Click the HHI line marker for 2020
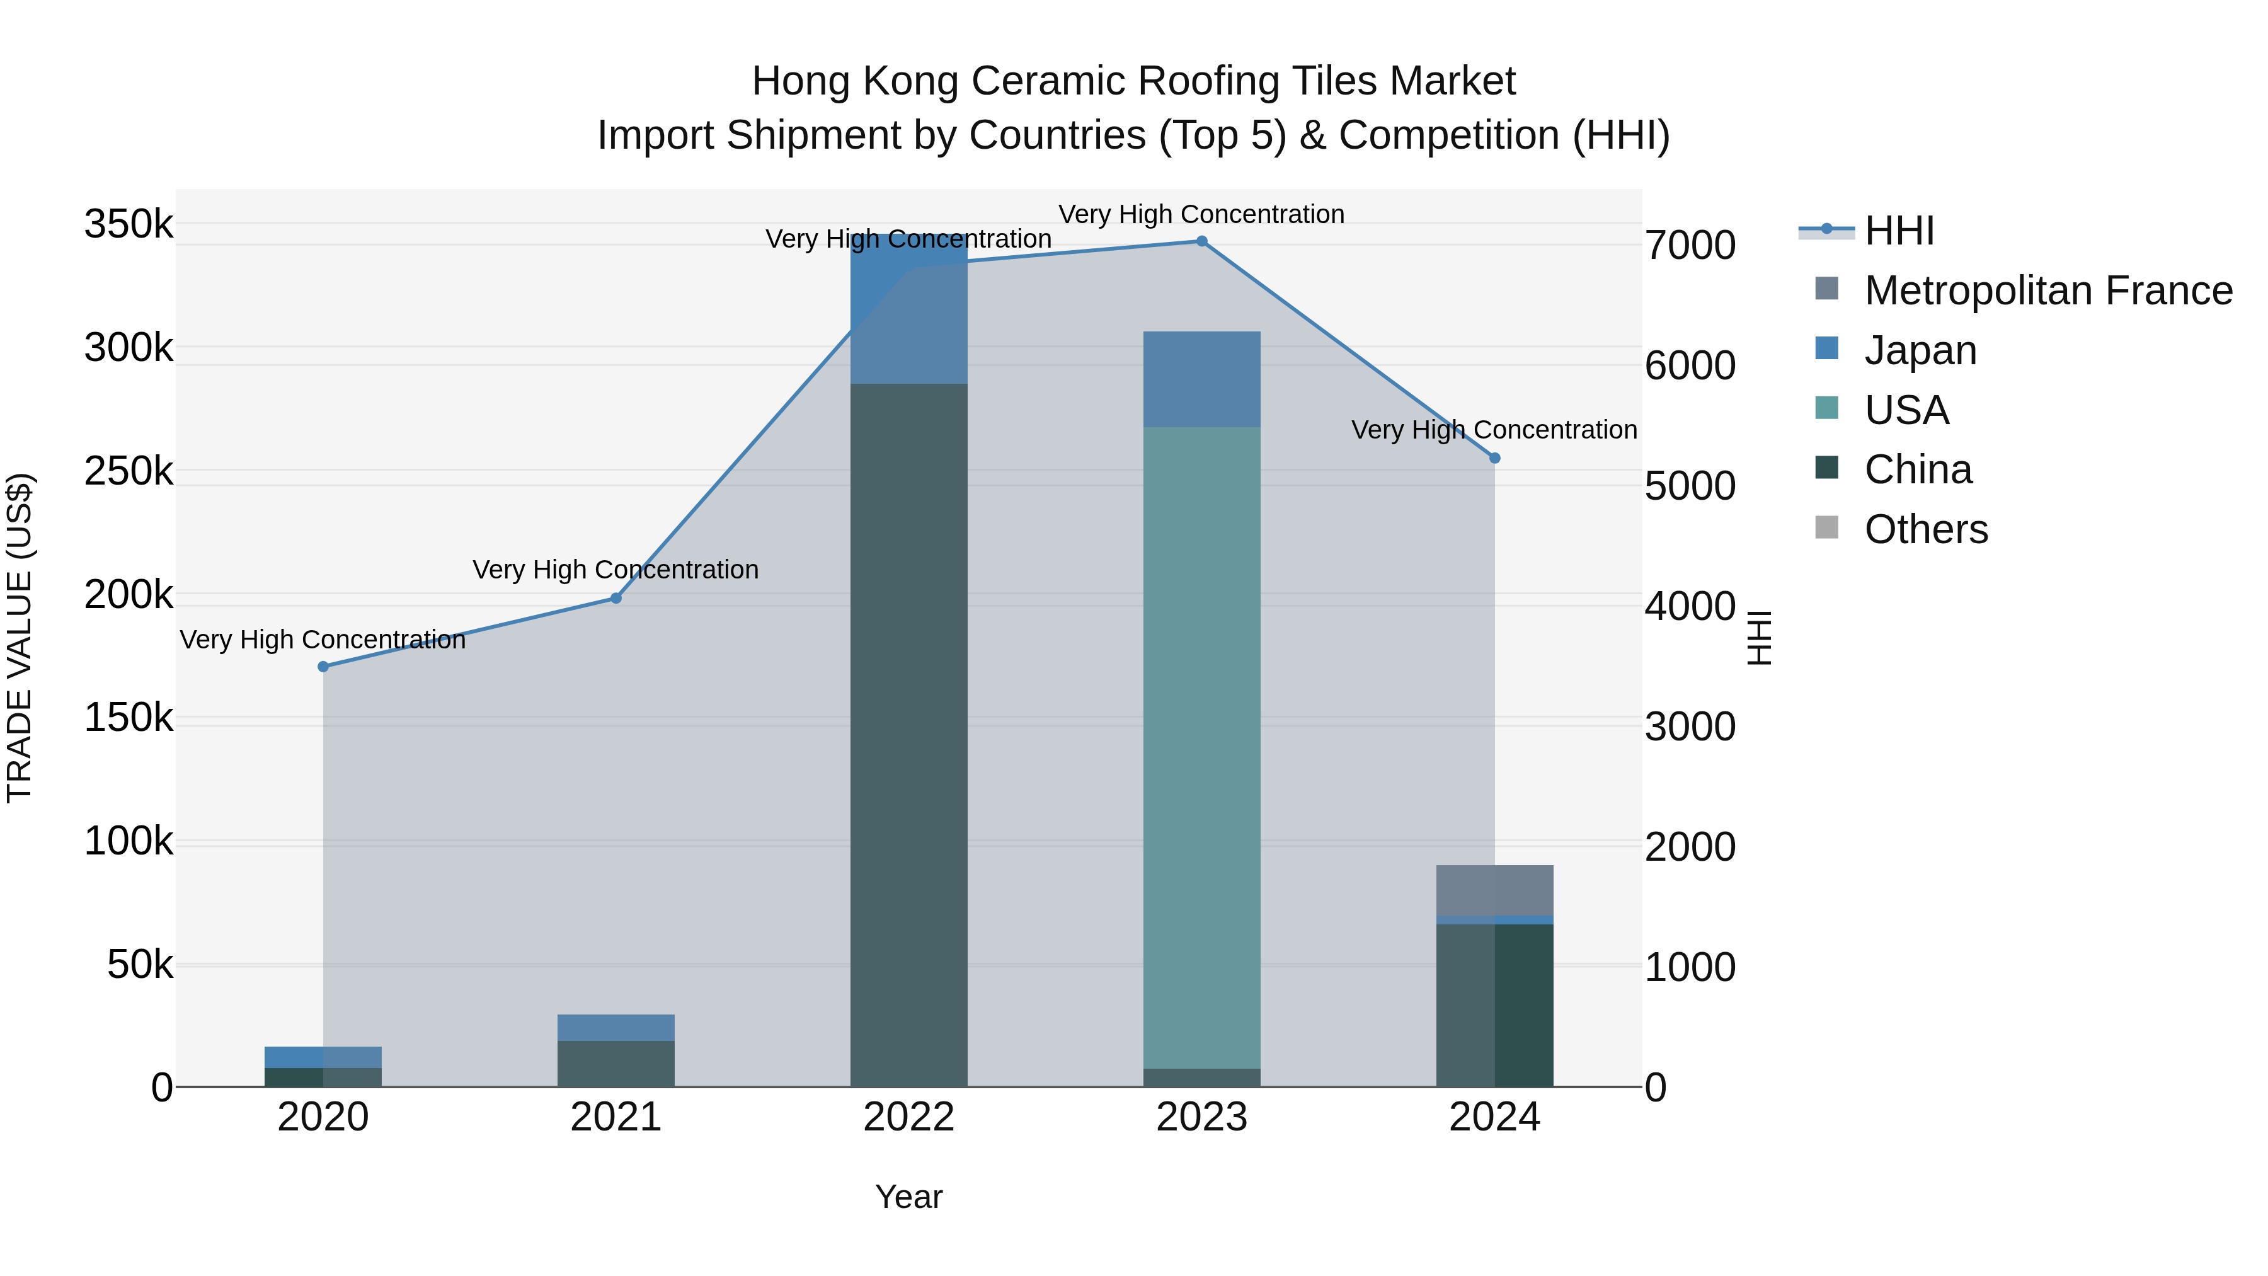(323, 667)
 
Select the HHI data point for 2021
(616, 598)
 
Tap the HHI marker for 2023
(1202, 241)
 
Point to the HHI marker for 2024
(1494, 458)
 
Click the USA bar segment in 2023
(1202, 749)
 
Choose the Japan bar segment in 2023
(1202, 379)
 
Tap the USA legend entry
(1906, 410)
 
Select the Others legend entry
(1925, 529)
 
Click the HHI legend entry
(1899, 231)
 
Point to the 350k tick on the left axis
(129, 224)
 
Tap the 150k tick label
(129, 718)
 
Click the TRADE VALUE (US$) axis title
(20, 638)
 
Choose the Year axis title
(908, 1197)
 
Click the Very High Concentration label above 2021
(616, 570)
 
